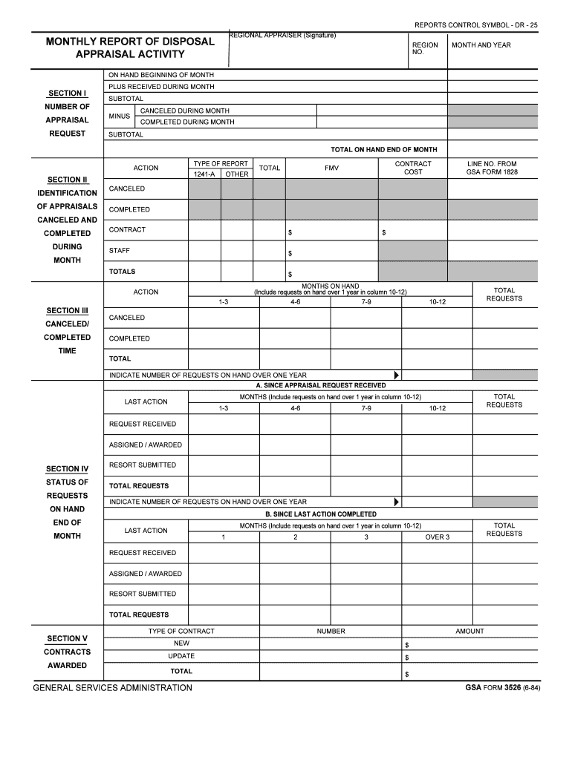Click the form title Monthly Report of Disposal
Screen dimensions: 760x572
coord(130,42)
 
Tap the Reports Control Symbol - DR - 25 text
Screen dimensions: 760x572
coord(475,25)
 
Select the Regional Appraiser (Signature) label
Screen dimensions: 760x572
coord(283,36)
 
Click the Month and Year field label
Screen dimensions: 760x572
coord(481,45)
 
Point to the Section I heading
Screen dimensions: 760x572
coord(67,93)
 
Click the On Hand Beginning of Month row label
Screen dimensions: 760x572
coord(161,75)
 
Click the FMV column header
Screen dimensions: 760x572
coord(331,168)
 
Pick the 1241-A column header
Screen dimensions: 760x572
coord(204,174)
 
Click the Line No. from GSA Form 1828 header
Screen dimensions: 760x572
coord(492,168)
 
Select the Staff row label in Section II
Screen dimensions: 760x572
coord(120,251)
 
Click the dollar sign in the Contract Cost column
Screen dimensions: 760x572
coord(383,233)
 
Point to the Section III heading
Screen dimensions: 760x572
coord(67,310)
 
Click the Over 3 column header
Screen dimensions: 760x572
coord(437,537)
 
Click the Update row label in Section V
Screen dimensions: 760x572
coord(181,656)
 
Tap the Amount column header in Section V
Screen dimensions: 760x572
coord(469,631)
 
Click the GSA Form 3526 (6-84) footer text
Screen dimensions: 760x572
coord(502,687)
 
